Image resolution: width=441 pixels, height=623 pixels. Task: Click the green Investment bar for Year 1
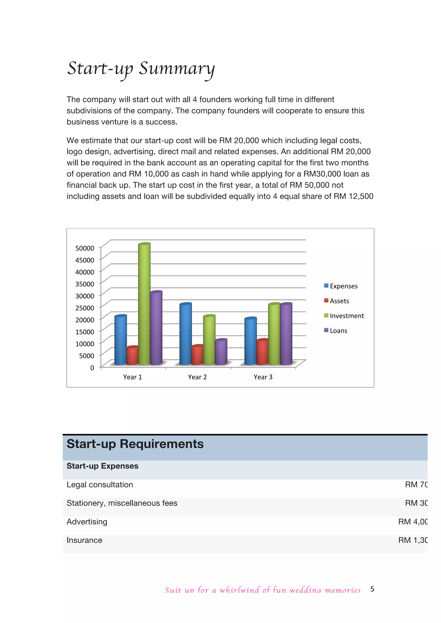[144, 304]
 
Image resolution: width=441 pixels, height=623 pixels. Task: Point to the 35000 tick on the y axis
[85, 284]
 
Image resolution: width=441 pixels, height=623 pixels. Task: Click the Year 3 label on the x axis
[263, 377]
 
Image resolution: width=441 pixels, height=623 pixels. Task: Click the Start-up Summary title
[141, 68]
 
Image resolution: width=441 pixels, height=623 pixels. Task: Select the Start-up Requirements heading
[135, 444]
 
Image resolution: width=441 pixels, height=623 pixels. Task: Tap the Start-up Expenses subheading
[102, 466]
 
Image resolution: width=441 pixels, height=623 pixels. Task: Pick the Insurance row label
[84, 540]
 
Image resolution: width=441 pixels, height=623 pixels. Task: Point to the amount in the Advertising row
[413, 522]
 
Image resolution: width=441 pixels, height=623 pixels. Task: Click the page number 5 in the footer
[372, 589]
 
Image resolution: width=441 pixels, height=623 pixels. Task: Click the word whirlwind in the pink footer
[239, 590]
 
